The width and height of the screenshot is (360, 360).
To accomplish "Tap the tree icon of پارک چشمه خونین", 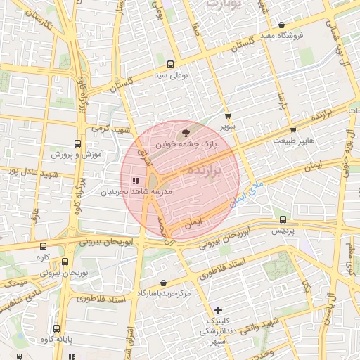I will (186, 131).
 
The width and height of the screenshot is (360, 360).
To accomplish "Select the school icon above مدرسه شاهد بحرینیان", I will (134, 181).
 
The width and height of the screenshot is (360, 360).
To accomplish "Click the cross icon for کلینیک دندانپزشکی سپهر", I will (219, 309).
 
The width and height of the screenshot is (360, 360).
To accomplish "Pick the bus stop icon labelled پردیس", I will (283, 219).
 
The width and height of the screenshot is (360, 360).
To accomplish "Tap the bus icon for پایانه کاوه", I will (56, 329).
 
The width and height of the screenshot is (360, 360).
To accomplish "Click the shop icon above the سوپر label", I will (226, 117).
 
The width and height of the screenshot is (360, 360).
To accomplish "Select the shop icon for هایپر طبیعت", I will (293, 129).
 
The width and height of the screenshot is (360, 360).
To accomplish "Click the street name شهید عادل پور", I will (20, 170).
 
